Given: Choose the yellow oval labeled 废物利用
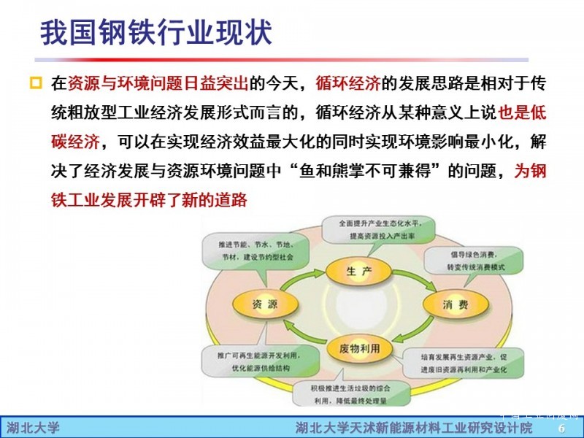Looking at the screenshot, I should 360,348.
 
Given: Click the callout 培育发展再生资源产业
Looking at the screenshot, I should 463,363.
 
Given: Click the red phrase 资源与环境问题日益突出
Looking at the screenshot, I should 158,83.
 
